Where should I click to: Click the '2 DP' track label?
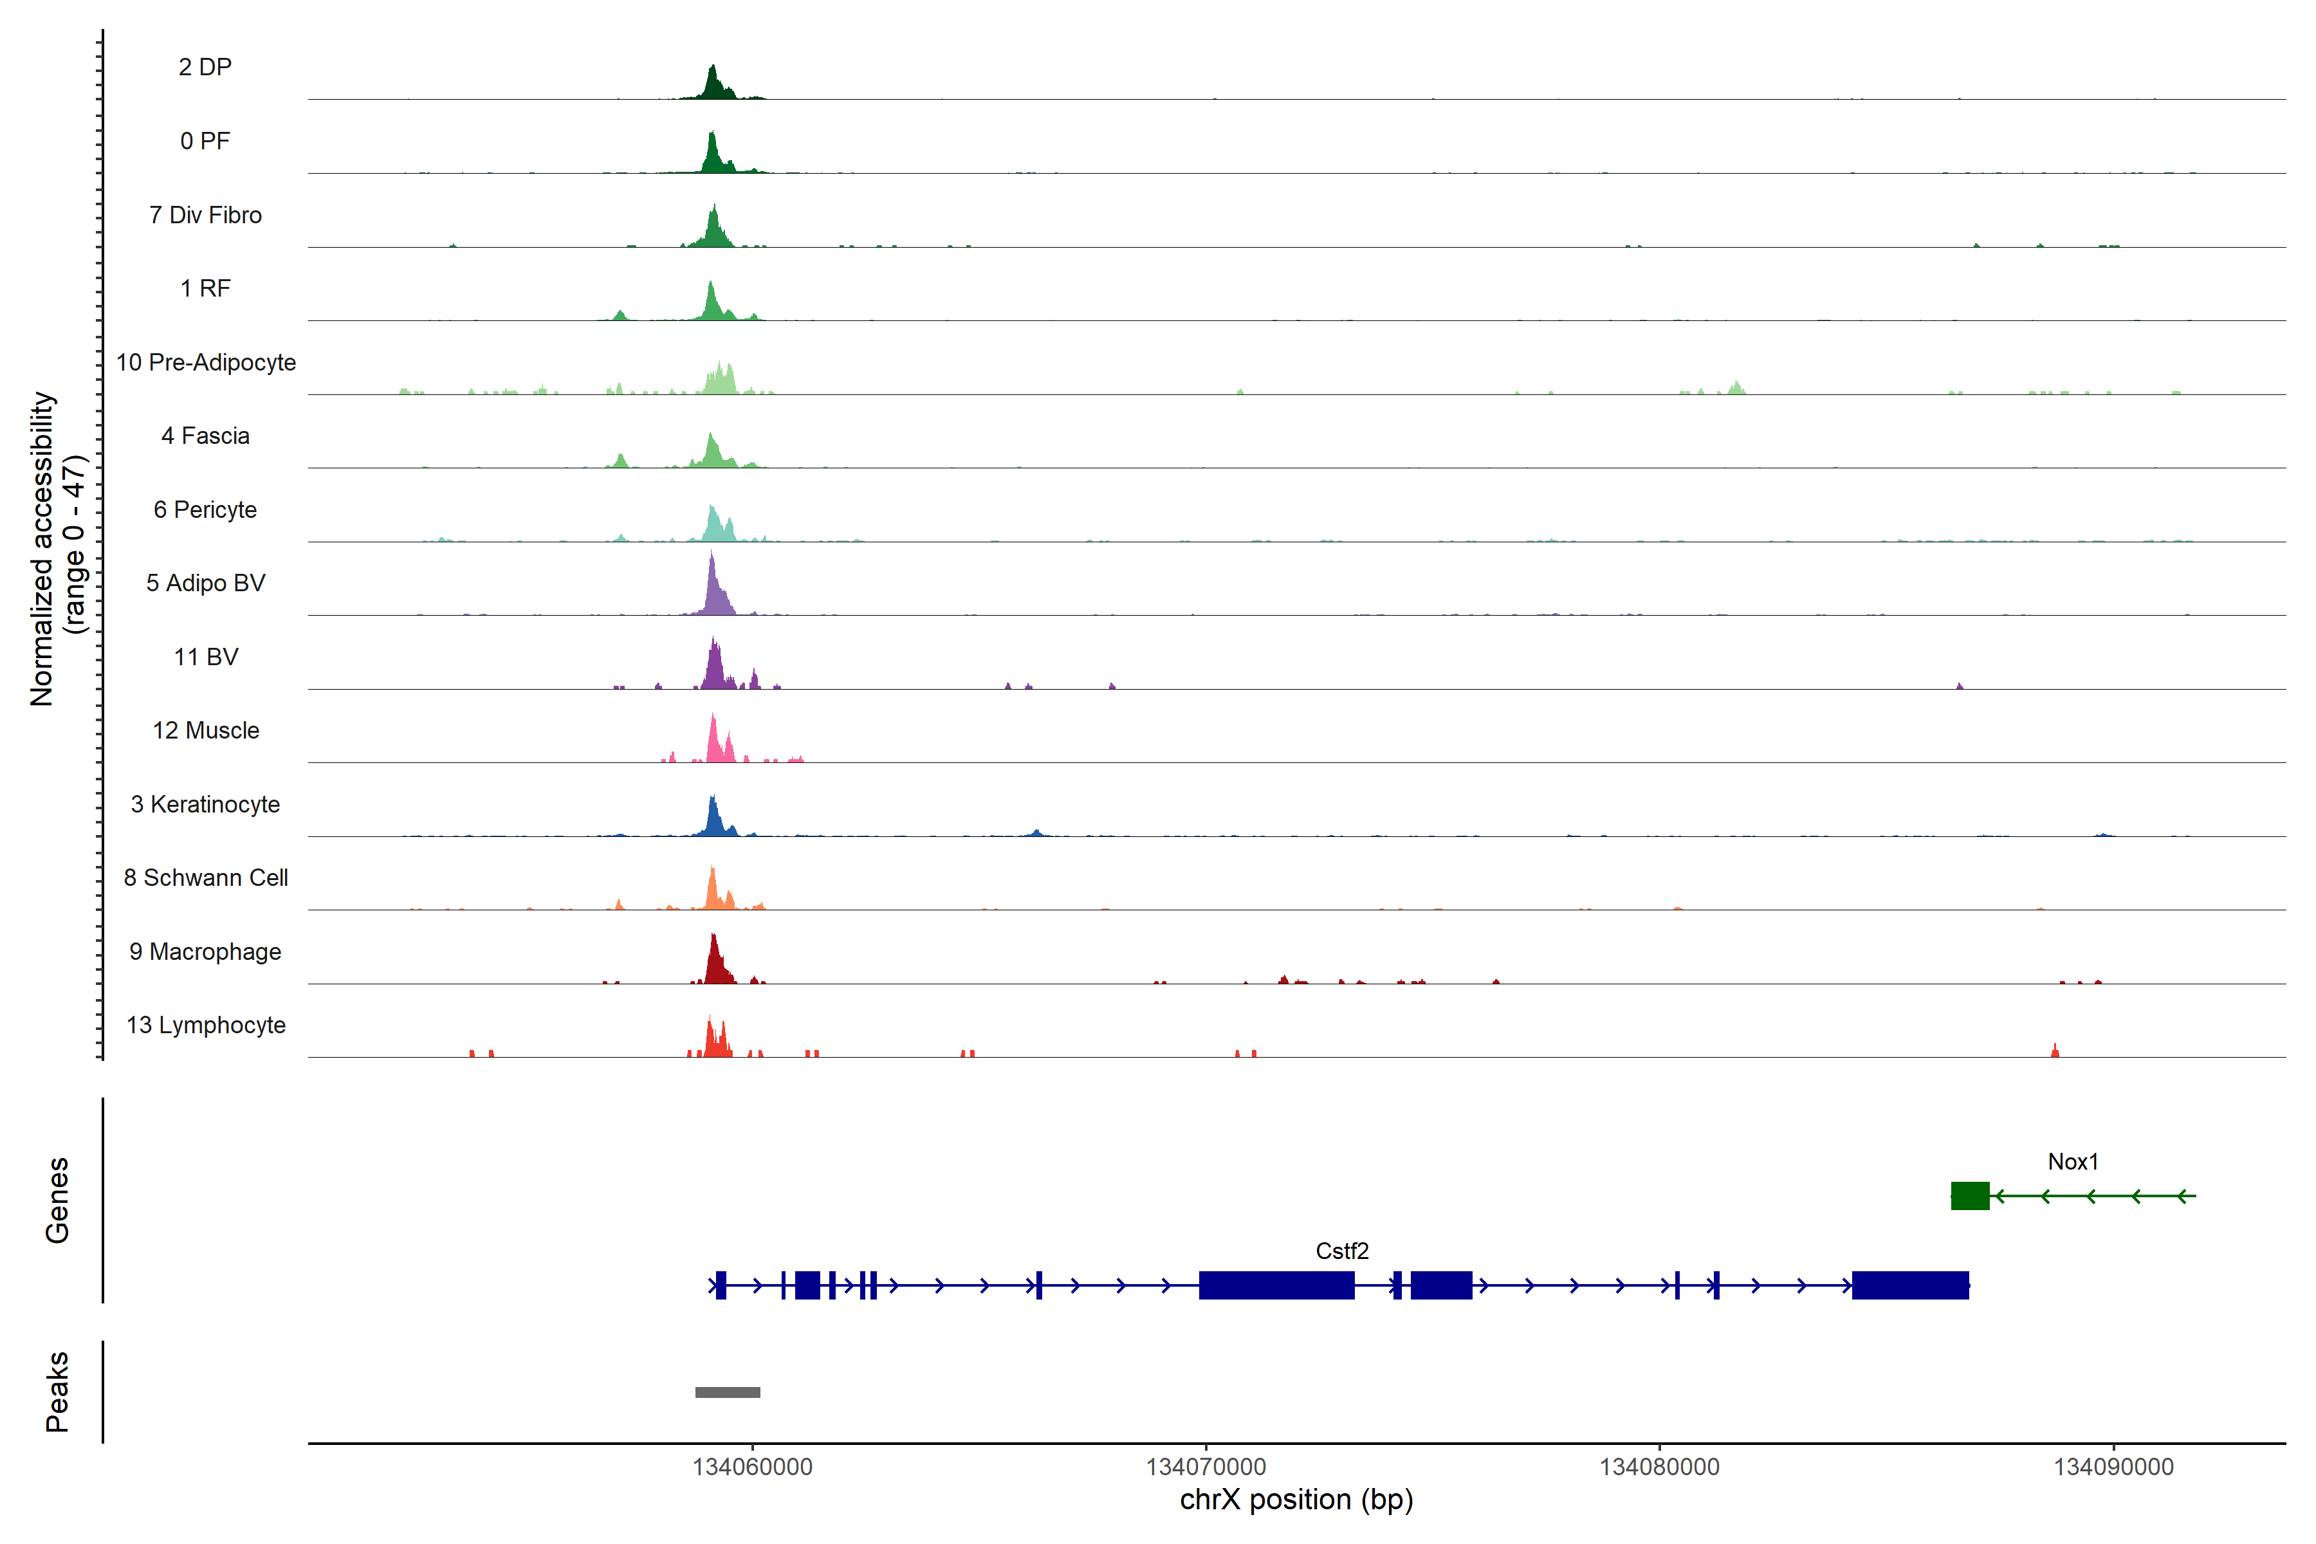click(x=205, y=67)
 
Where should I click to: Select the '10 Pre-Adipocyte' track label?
click(x=206, y=362)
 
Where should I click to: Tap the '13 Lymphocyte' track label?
click(x=206, y=1025)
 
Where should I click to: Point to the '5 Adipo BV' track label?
click(x=206, y=583)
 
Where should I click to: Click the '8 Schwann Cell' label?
click(x=206, y=878)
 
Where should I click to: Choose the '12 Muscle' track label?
click(x=206, y=731)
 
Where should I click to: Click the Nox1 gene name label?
click(x=2073, y=1162)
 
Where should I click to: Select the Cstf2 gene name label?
click(x=1342, y=1251)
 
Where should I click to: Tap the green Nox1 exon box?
click(x=1969, y=1195)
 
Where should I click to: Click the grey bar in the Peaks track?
click(x=728, y=1392)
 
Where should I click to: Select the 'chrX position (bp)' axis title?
click(x=1296, y=1500)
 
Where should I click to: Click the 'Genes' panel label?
click(x=57, y=1200)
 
